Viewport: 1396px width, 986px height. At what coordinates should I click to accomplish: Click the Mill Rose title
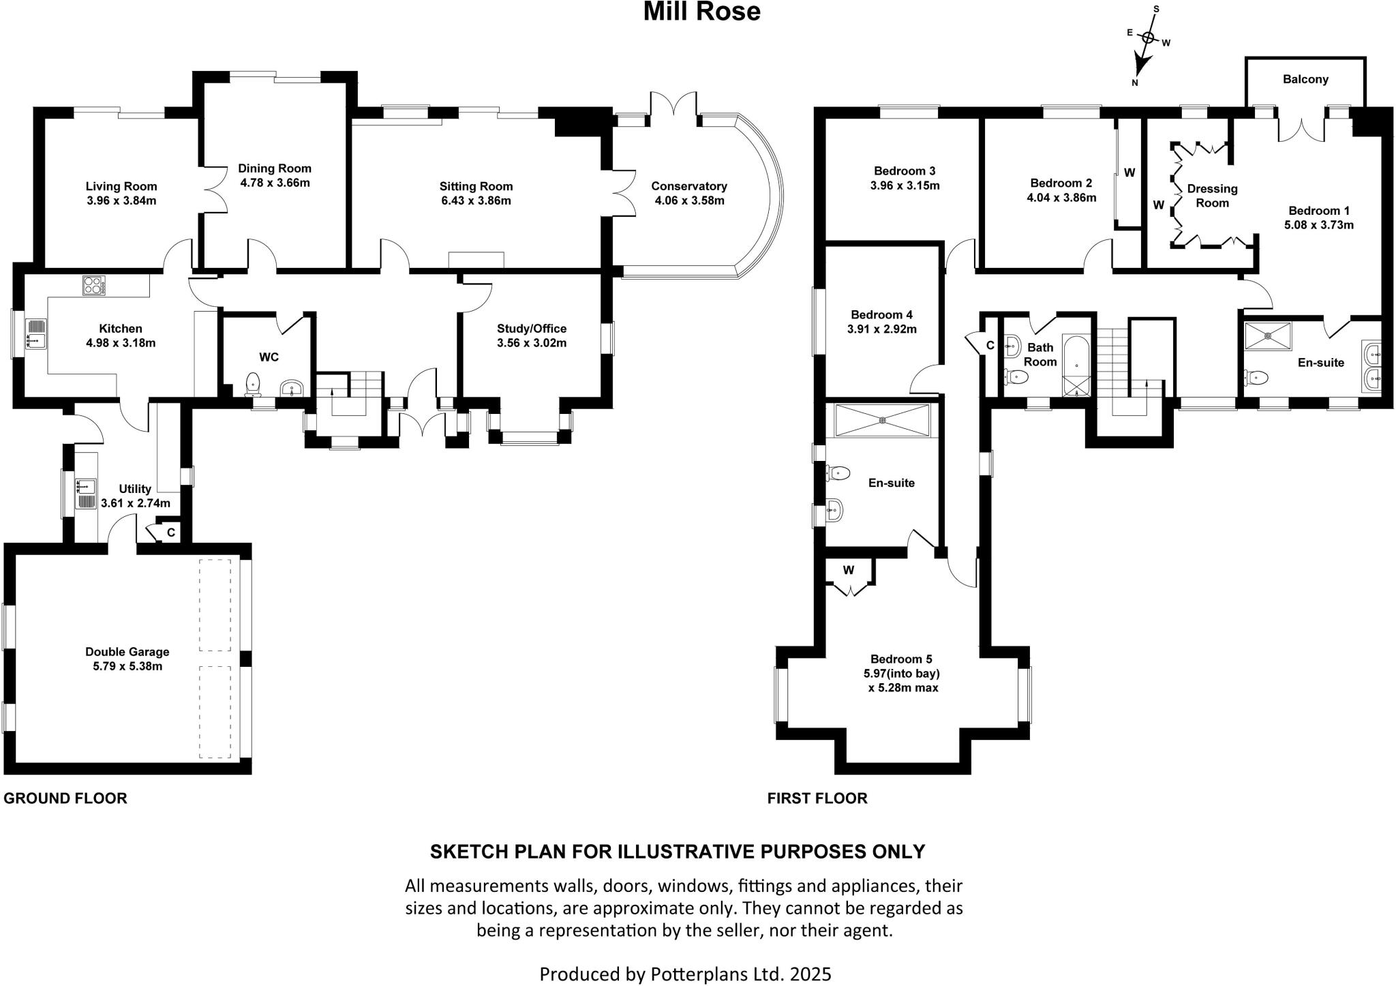tap(701, 12)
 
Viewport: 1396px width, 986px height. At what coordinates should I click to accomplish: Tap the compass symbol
tap(1148, 40)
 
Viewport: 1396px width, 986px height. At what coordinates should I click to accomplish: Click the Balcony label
tap(1305, 79)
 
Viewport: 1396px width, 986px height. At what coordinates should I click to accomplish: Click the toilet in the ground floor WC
tap(254, 383)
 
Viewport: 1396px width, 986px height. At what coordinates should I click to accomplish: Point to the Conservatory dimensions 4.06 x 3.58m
tap(688, 200)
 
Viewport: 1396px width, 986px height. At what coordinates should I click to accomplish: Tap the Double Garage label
tap(127, 652)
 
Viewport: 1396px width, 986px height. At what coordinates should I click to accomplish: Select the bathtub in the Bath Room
tap(1077, 365)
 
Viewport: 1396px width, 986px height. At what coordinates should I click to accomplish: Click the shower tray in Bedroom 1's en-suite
tap(1267, 335)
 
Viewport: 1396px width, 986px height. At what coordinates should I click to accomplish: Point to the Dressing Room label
tap(1211, 196)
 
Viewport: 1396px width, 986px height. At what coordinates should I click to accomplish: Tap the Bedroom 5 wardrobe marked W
tap(848, 571)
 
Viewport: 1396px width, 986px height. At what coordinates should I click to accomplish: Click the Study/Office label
tap(531, 329)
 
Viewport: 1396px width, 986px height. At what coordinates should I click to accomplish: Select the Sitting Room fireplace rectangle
tap(476, 260)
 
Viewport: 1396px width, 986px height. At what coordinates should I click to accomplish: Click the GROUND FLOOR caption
tap(65, 798)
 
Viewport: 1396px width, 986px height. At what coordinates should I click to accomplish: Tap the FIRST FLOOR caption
tap(817, 798)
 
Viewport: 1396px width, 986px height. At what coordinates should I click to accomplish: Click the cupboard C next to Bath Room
tap(990, 346)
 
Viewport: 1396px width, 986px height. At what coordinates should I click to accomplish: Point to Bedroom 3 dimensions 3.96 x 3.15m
tap(905, 185)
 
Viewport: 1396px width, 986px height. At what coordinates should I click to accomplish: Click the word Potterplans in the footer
tap(688, 974)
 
